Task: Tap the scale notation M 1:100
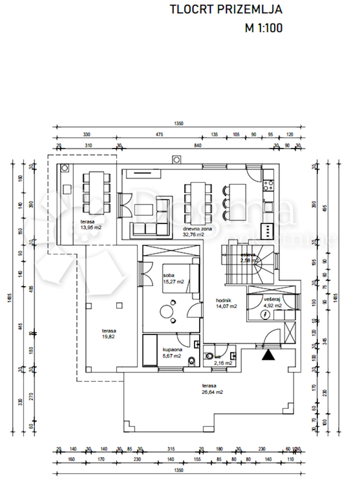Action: tap(264, 28)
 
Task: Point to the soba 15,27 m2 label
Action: tap(173, 279)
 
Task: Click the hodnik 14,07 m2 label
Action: tap(226, 303)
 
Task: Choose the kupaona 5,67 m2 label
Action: tap(172, 353)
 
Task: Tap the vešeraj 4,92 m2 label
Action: tap(273, 302)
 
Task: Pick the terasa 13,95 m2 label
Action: tap(91, 225)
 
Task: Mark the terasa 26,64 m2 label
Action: tap(213, 388)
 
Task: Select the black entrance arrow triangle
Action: tap(268, 355)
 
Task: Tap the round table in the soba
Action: tap(166, 311)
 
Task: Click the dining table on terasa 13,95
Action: tap(96, 192)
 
